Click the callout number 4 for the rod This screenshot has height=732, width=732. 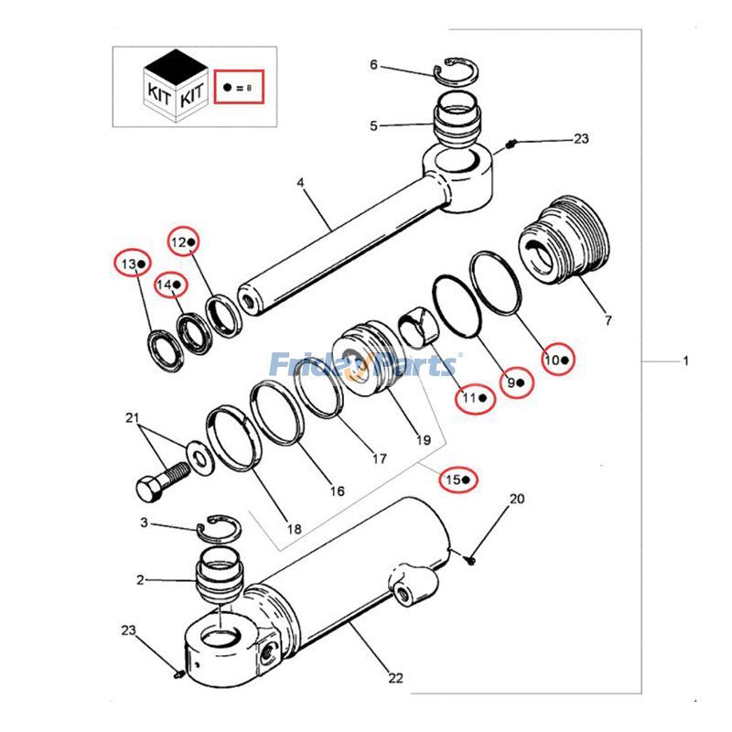[299, 183]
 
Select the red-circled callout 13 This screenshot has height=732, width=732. [131, 264]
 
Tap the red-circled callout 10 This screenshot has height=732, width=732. [557, 360]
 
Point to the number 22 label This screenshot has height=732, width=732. [395, 678]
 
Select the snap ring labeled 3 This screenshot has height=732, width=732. [221, 528]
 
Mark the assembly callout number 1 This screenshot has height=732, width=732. [685, 361]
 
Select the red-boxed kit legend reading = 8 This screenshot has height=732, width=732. [238, 89]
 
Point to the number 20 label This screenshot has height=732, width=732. [517, 499]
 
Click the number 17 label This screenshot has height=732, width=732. [379, 458]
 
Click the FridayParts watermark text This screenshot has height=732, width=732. [365, 366]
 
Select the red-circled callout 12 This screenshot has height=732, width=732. [184, 242]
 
